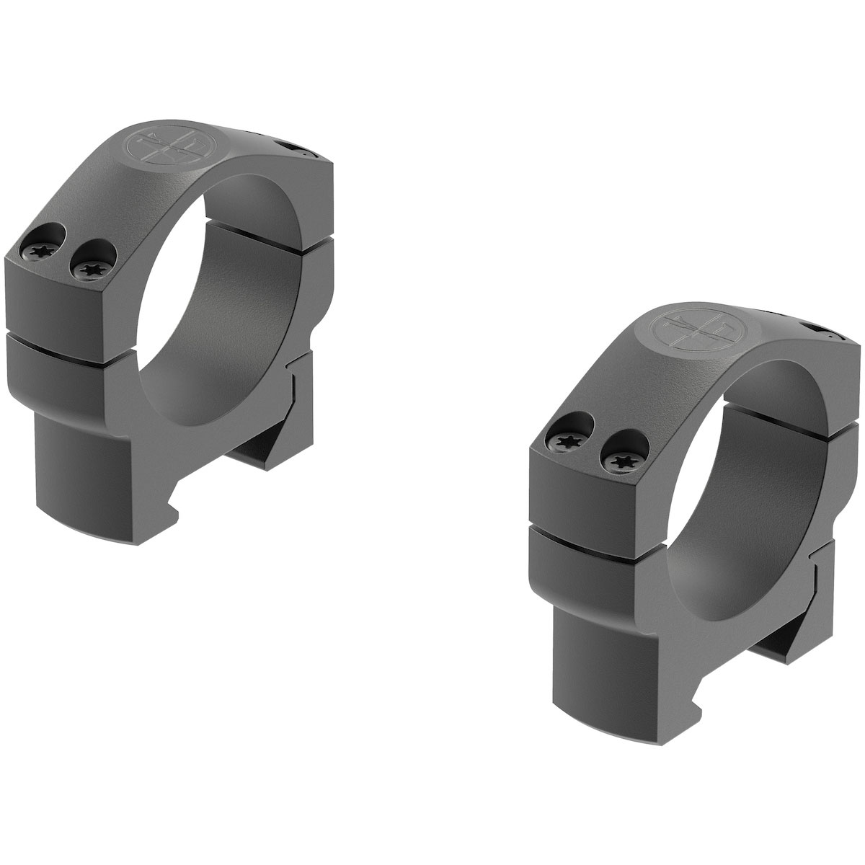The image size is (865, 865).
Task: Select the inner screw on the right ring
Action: pos(617,458)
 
